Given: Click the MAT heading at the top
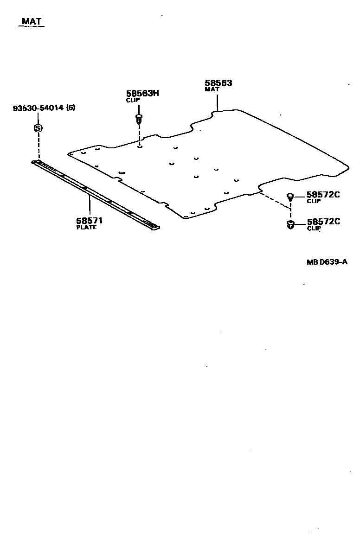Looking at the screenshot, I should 32,21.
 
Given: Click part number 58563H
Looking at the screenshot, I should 142,93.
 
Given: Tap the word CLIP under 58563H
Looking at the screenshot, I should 133,100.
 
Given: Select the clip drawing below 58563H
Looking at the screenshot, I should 139,118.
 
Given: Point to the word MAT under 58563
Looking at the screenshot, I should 212,89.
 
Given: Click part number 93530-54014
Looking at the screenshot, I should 39,108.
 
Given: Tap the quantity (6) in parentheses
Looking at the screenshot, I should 71,108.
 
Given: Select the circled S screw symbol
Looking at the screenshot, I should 39,128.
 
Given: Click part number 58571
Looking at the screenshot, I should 90,221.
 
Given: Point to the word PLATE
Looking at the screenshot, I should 86,227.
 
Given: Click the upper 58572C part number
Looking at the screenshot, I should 323,195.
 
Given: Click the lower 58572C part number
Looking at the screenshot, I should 323,222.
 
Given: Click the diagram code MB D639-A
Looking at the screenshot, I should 327,262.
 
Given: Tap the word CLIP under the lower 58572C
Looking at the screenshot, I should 314,228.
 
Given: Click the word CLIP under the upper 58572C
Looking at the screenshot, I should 314,201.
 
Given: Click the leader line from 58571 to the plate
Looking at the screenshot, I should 90,206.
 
